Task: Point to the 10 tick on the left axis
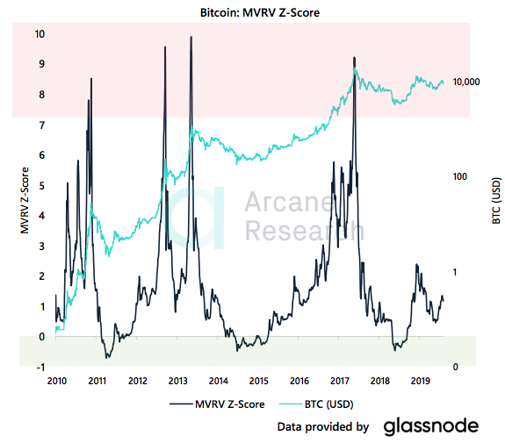39,34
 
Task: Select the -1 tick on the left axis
39,367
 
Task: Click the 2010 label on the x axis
57,381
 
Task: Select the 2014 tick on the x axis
218,381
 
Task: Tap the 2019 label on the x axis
420,381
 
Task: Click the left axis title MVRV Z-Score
25,200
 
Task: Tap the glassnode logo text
430,426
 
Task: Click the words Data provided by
322,427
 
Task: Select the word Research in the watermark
303,231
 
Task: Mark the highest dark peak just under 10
191,38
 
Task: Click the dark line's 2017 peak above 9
354,54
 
